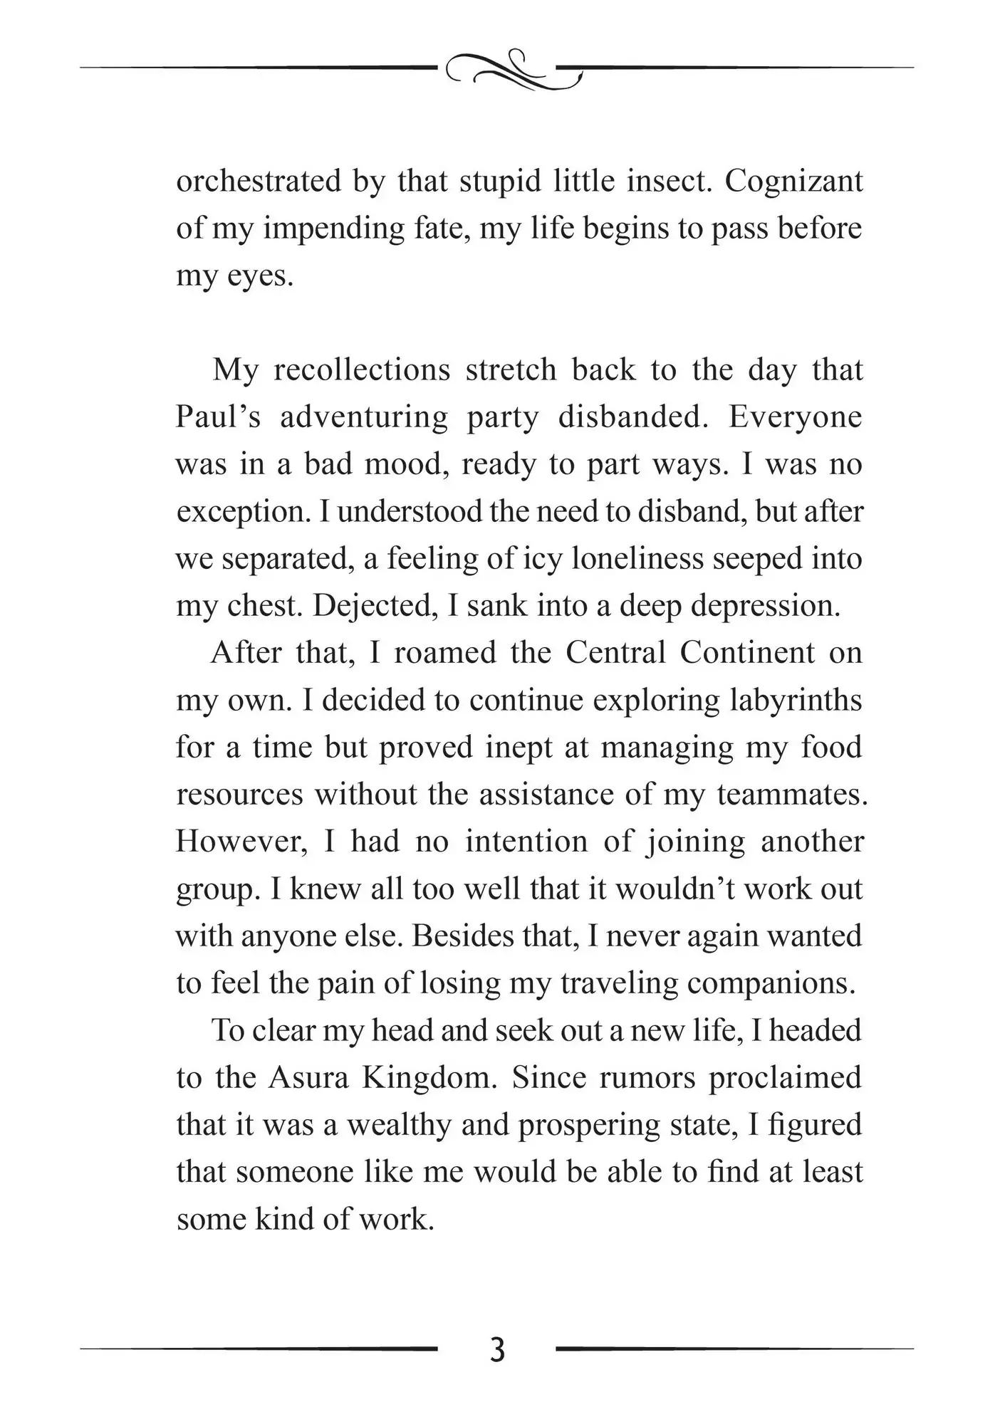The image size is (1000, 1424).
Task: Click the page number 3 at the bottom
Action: (x=498, y=1350)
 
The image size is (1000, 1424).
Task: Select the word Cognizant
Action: (x=793, y=181)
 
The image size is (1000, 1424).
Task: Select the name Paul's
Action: (x=218, y=417)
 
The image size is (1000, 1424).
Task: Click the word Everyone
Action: (x=795, y=417)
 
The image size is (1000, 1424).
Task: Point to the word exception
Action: (x=242, y=512)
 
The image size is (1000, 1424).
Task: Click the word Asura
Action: (x=308, y=1077)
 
